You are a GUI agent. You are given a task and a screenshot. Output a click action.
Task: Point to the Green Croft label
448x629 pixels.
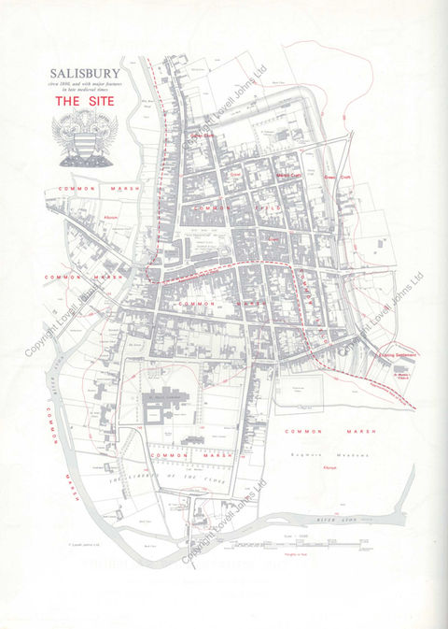coord(337,175)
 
